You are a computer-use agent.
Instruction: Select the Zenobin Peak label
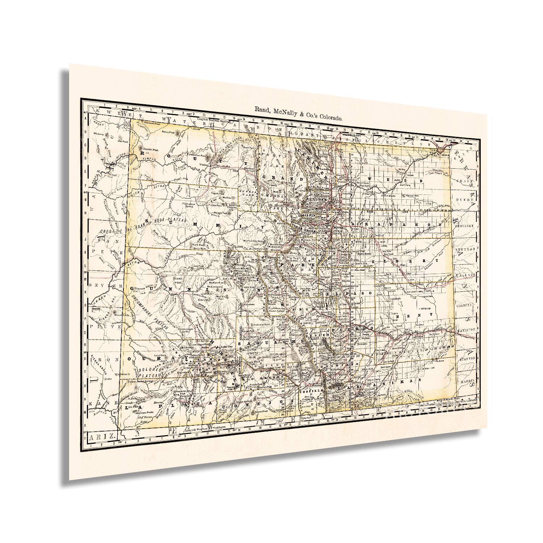click(x=149, y=149)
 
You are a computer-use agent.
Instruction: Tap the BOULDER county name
click(x=316, y=199)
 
